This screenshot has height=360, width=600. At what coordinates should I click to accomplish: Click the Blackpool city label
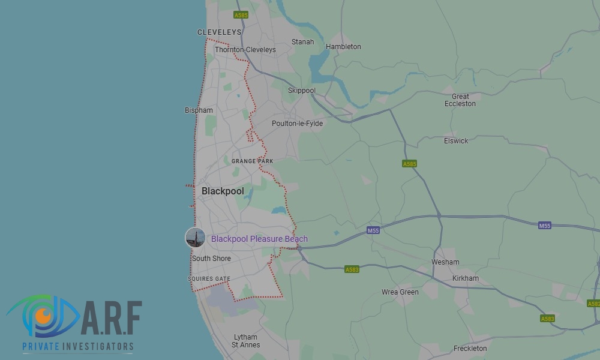223,191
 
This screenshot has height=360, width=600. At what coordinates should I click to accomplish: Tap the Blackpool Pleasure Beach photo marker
195,238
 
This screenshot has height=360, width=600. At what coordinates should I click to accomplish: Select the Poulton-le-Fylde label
297,124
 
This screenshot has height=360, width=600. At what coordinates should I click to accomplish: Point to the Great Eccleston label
460,100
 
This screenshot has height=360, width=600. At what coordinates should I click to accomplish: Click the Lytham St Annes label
245,341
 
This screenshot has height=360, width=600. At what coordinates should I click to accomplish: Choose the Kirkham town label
466,278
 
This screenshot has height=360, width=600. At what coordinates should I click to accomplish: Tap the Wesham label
445,262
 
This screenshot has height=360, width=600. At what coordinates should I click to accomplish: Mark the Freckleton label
470,349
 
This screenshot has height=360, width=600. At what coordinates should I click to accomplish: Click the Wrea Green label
400,292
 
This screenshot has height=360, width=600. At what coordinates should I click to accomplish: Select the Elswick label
456,141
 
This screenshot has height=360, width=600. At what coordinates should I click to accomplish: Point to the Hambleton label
343,47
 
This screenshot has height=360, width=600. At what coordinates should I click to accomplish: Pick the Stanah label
302,42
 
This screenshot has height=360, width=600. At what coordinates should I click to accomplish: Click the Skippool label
301,91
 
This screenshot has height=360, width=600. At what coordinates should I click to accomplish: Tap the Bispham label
199,110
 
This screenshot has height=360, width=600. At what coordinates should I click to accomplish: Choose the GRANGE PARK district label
252,161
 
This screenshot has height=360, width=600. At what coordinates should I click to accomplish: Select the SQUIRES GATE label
209,279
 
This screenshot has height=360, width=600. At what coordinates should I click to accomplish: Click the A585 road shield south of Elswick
410,164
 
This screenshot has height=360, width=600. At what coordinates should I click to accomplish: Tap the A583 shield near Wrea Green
352,270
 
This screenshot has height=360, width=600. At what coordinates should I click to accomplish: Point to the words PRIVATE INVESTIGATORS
77,347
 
